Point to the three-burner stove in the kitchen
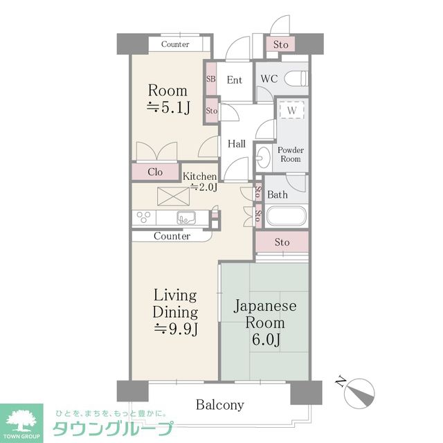pos(145,218)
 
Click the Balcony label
pos(219,404)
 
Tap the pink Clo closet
pos(155,172)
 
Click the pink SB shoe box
pos(211,79)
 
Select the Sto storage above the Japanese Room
pos(281,242)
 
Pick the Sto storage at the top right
pos(280,45)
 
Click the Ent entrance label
pos(235,80)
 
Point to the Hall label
pos(237,144)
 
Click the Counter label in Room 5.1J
pos(175,44)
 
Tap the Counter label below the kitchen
pos(172,236)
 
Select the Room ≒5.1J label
pos(168,98)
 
